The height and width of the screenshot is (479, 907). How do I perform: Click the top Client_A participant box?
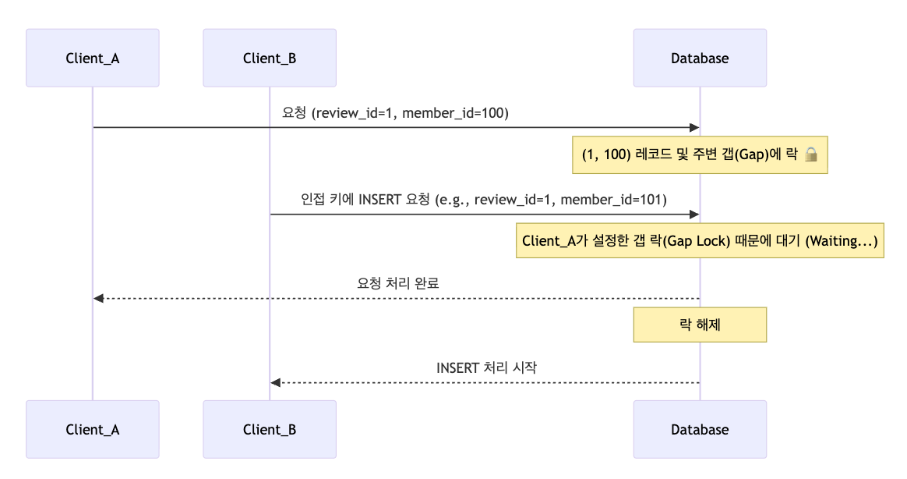[x=92, y=58]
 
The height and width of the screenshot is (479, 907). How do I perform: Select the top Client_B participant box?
[x=270, y=58]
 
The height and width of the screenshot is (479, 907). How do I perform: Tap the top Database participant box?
[x=700, y=58]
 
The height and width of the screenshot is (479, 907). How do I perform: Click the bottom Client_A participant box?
[x=92, y=429]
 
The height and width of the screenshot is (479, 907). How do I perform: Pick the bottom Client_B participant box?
[x=270, y=429]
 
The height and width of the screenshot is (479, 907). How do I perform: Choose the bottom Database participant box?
[x=700, y=429]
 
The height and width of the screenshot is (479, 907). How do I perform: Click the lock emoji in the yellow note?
[x=810, y=155]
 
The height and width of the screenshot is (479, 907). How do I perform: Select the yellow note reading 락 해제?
[x=700, y=325]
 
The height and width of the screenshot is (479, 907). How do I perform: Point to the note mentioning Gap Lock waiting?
[x=700, y=241]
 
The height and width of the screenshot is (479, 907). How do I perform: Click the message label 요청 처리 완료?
[x=397, y=283]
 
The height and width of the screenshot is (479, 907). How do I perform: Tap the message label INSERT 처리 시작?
[x=486, y=367]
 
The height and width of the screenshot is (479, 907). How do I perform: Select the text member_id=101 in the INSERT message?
[x=613, y=199]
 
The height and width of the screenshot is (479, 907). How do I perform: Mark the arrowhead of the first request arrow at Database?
[x=694, y=127]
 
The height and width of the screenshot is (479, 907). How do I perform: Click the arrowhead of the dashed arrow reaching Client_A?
[x=98, y=298]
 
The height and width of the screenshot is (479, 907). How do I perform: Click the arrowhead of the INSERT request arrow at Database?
[x=694, y=214]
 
